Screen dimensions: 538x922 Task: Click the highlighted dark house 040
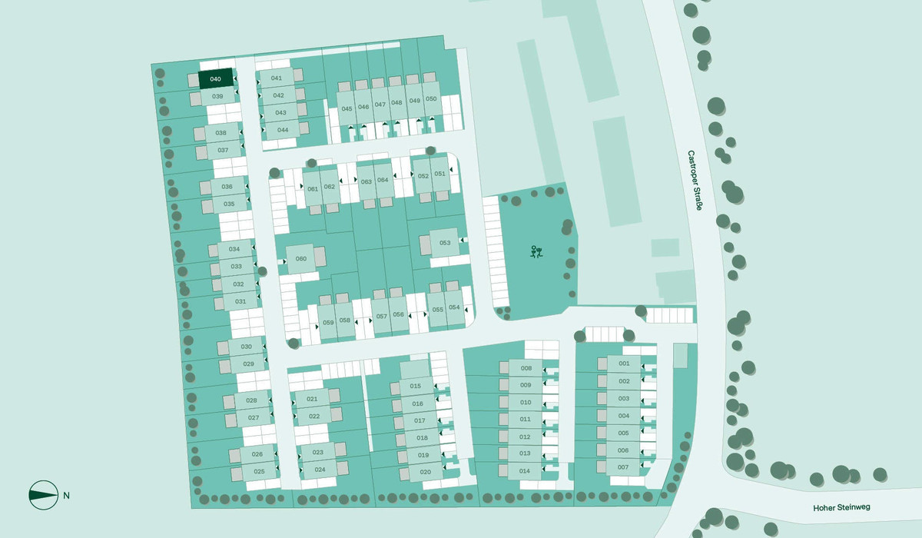pyautogui.click(x=215, y=79)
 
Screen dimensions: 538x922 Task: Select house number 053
pyautogui.click(x=445, y=243)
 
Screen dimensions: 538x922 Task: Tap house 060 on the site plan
pyautogui.click(x=301, y=259)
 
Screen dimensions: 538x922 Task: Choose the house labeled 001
pyautogui.click(x=624, y=364)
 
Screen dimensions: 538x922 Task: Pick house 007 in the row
pyautogui.click(x=623, y=467)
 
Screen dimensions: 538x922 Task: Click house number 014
pyautogui.click(x=526, y=471)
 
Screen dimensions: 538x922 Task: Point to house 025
pyautogui.click(x=259, y=471)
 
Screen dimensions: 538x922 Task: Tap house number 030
pyautogui.click(x=247, y=347)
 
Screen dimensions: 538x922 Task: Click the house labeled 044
pyautogui.click(x=283, y=129)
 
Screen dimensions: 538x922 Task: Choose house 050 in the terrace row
pyautogui.click(x=431, y=99)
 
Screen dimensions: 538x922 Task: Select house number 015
pyautogui.click(x=416, y=387)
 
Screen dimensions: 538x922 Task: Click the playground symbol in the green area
pyautogui.click(x=536, y=251)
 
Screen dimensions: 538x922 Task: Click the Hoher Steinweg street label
pyautogui.click(x=841, y=508)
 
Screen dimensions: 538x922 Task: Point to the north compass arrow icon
pyautogui.click(x=44, y=495)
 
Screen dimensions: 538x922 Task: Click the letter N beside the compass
pyautogui.click(x=67, y=496)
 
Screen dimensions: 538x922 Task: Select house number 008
pyautogui.click(x=526, y=369)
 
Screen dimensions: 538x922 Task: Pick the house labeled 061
pyautogui.click(x=313, y=189)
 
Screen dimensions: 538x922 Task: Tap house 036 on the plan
pyautogui.click(x=227, y=187)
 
